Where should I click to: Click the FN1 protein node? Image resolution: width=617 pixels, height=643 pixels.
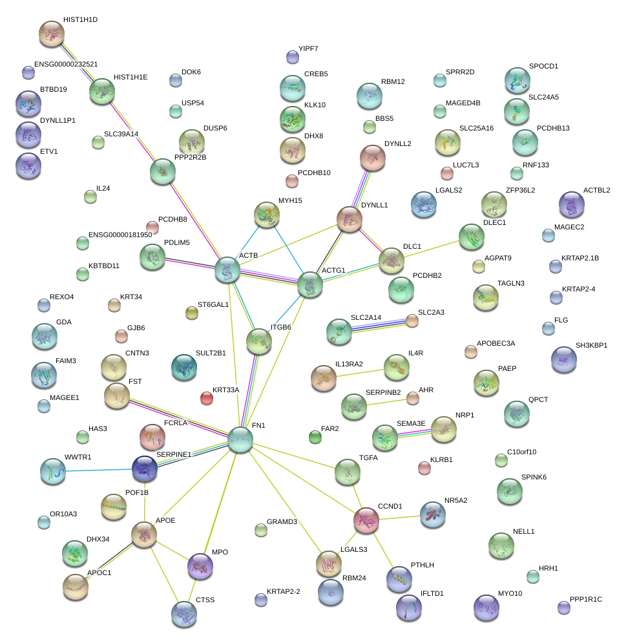pyautogui.click(x=240, y=439)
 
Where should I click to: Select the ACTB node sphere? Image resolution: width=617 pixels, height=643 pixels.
pyautogui.click(x=227, y=270)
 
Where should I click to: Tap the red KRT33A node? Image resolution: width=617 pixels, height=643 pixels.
pyautogui.click(x=207, y=398)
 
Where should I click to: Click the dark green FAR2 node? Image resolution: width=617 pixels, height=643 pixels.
pyautogui.click(x=315, y=437)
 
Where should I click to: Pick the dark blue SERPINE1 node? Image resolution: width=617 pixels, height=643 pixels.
pyautogui.click(x=145, y=469)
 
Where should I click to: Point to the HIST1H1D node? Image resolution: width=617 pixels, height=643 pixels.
pyautogui.click(x=52, y=34)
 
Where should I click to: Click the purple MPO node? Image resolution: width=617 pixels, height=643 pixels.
pyautogui.click(x=200, y=566)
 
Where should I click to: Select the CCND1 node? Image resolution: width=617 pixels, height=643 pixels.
pyautogui.click(x=366, y=520)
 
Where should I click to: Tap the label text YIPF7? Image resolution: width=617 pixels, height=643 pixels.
pyautogui.click(x=308, y=49)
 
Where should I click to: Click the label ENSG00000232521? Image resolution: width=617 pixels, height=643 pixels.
pyautogui.click(x=66, y=65)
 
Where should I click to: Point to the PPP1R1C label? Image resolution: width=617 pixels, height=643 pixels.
pyautogui.click(x=586, y=599)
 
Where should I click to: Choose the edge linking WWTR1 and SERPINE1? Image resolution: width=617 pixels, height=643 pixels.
pyautogui.click(x=99, y=470)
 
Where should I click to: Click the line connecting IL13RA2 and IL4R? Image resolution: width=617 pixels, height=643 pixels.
pyautogui.click(x=360, y=373)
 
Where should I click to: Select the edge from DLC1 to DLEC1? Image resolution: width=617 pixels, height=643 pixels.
pyautogui.click(x=432, y=249)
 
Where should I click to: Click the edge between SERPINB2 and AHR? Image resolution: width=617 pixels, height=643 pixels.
pyautogui.click(x=386, y=403)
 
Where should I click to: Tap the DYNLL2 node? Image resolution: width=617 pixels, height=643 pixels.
pyautogui.click(x=373, y=158)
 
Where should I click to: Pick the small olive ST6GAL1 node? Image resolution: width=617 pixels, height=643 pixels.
pyautogui.click(x=192, y=313)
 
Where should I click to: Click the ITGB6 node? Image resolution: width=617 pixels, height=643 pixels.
pyautogui.click(x=259, y=341)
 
